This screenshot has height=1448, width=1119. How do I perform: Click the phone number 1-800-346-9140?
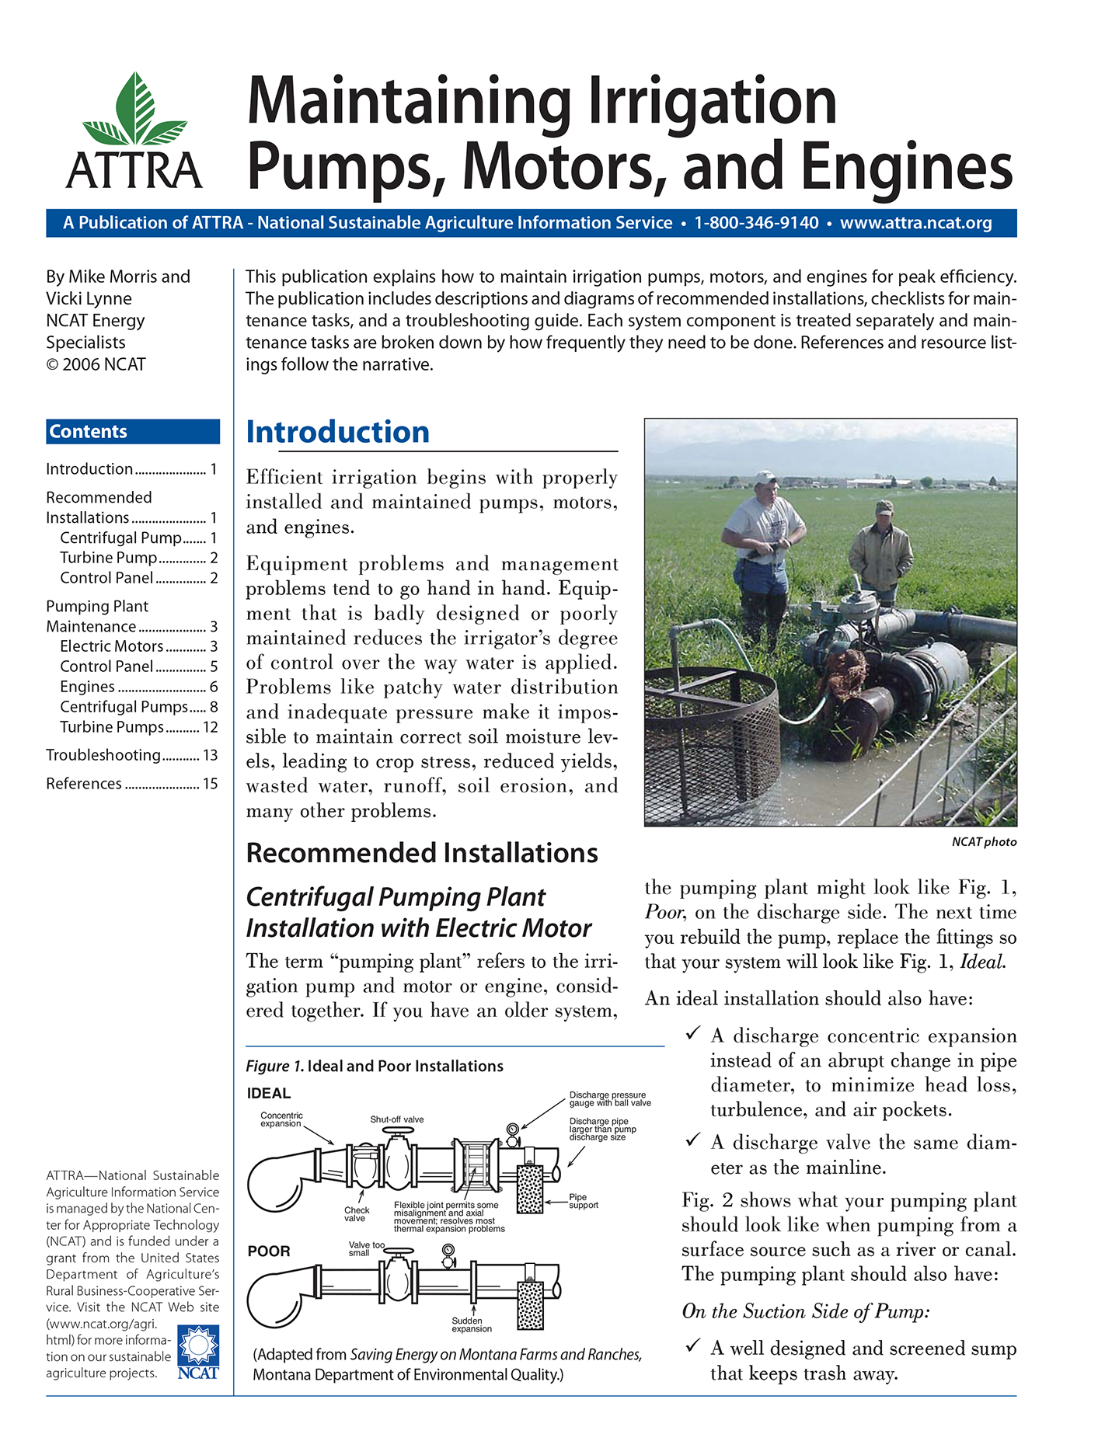pos(755,223)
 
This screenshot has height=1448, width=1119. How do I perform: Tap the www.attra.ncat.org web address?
pos(915,223)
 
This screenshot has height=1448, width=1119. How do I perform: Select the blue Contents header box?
pos(133,432)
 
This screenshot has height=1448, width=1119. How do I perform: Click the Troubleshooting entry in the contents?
pos(103,755)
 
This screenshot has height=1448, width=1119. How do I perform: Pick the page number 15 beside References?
pos(211,784)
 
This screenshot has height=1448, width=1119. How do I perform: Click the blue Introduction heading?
pos(337,432)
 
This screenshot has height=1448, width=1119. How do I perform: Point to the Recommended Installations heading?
pos(421,853)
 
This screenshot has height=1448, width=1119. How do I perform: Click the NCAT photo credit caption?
pos(984,842)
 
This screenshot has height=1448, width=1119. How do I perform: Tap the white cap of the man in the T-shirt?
pos(765,476)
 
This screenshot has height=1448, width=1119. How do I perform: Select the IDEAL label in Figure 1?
pos(269,1094)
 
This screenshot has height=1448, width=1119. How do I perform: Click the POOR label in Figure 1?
pos(269,1251)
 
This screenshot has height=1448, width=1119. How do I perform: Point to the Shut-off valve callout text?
pos(397,1119)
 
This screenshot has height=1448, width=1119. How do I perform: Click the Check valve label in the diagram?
pos(357,1214)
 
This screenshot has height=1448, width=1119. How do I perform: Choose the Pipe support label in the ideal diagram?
pos(583,1201)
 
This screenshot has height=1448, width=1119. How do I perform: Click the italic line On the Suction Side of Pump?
pos(806,1312)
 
